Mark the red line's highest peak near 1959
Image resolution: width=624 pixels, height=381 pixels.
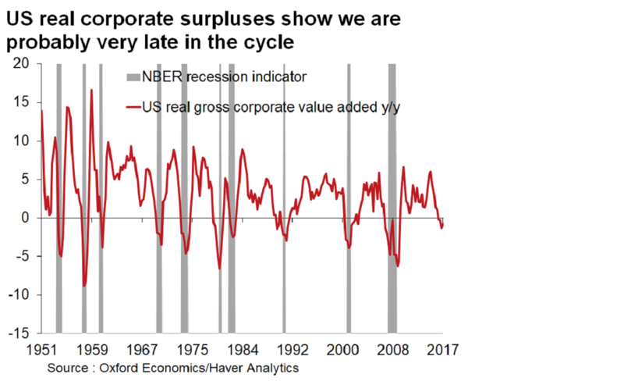pos(91,90)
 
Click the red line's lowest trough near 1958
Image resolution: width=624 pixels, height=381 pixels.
pos(84,286)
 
